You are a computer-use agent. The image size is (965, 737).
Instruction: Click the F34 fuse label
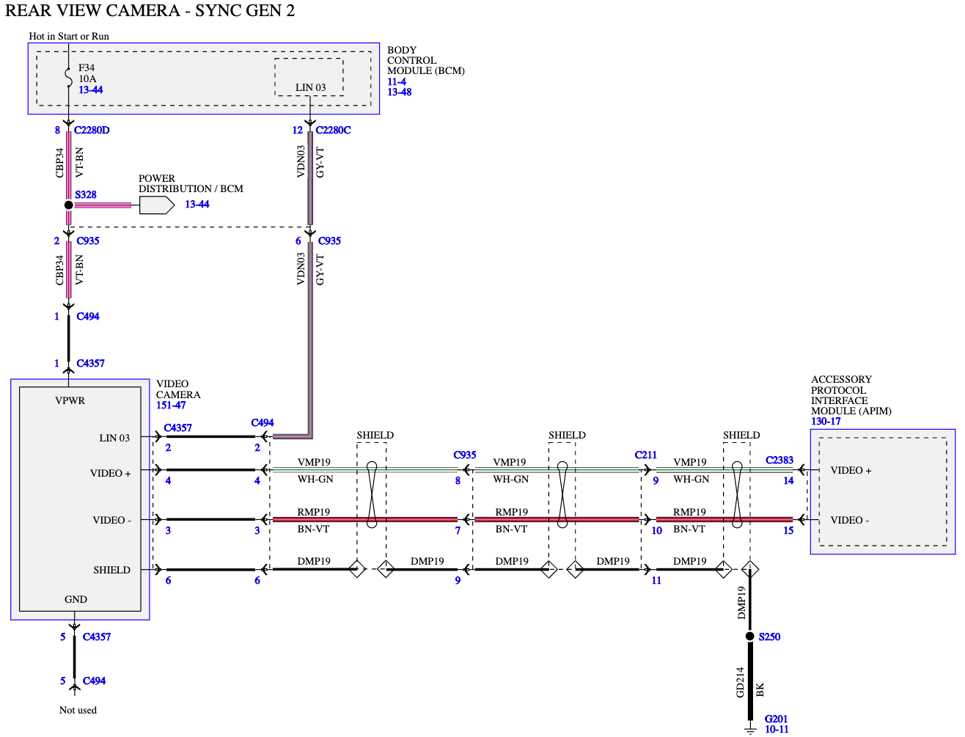(x=87, y=67)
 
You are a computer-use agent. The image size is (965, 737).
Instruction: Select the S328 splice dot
(x=69, y=205)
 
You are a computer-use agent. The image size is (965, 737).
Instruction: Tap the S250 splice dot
(x=749, y=636)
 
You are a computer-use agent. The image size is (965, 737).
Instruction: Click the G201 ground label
(x=776, y=719)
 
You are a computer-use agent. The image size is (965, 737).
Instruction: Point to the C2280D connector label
(x=92, y=130)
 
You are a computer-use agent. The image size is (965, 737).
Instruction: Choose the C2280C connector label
(x=333, y=130)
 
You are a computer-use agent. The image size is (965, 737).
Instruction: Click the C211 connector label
(x=645, y=455)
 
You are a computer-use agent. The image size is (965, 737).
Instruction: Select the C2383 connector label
(x=779, y=460)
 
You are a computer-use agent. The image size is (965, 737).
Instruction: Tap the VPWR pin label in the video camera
(x=70, y=400)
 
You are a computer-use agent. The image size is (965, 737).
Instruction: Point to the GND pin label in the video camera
(x=76, y=599)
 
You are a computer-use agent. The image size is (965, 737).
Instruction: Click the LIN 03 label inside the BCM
(x=310, y=87)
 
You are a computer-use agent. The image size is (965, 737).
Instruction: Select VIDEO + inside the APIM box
(x=851, y=470)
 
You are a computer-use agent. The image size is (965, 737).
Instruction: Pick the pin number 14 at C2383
(x=788, y=480)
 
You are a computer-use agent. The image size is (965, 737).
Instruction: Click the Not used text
(x=78, y=710)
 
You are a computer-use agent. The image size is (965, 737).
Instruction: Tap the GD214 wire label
(x=739, y=682)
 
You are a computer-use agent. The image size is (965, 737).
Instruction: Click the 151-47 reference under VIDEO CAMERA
(x=171, y=405)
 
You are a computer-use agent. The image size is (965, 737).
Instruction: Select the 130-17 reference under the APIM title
(x=825, y=421)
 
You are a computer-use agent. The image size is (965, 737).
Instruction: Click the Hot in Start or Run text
(x=69, y=36)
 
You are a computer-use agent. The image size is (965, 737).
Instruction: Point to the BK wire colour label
(x=759, y=689)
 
